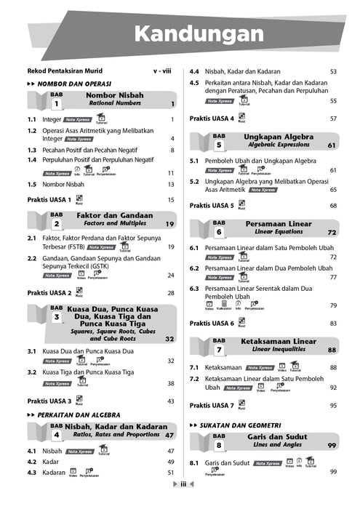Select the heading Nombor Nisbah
[114, 95]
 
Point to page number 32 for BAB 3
[169, 339]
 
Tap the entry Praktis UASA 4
[212, 119]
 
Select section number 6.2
[194, 268]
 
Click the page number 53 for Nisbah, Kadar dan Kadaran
[333, 72]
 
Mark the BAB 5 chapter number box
[218, 140]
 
